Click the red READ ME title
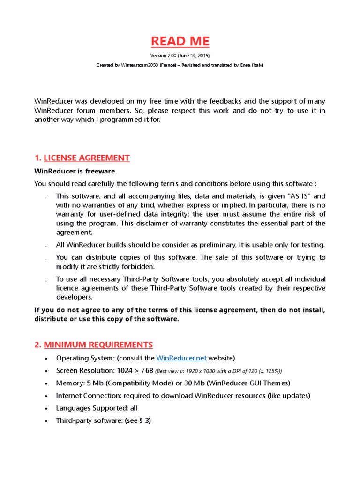(180, 41)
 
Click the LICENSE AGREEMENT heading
(86, 158)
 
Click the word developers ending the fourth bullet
(74, 297)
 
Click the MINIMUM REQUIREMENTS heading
(98, 345)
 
